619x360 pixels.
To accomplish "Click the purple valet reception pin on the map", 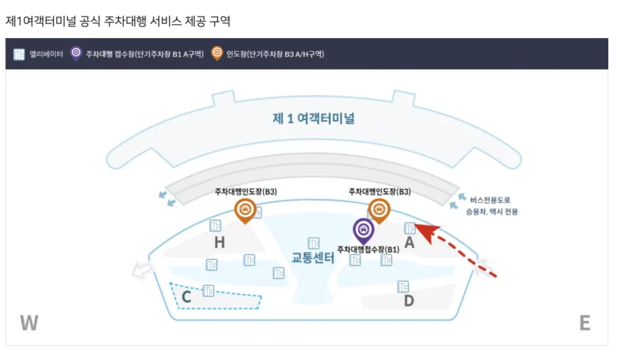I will (x=363, y=230).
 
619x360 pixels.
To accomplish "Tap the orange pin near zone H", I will (x=245, y=210).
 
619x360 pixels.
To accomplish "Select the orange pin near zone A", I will (x=379, y=210).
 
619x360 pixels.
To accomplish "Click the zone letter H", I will (x=219, y=243).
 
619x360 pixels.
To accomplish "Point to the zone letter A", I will (x=409, y=243).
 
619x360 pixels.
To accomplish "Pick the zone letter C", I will (x=186, y=297).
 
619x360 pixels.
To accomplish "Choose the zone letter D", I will (x=409, y=300).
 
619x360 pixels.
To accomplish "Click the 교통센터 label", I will (x=313, y=258).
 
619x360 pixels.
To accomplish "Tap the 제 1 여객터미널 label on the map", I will (x=313, y=118).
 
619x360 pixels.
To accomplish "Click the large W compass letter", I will (x=29, y=323).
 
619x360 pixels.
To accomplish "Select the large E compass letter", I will (x=585, y=323).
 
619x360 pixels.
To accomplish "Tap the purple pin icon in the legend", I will (x=76, y=53).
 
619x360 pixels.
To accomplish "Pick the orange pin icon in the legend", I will (x=216, y=53).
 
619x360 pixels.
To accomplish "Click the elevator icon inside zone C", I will (x=209, y=290).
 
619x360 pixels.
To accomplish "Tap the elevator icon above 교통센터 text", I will (x=313, y=243).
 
